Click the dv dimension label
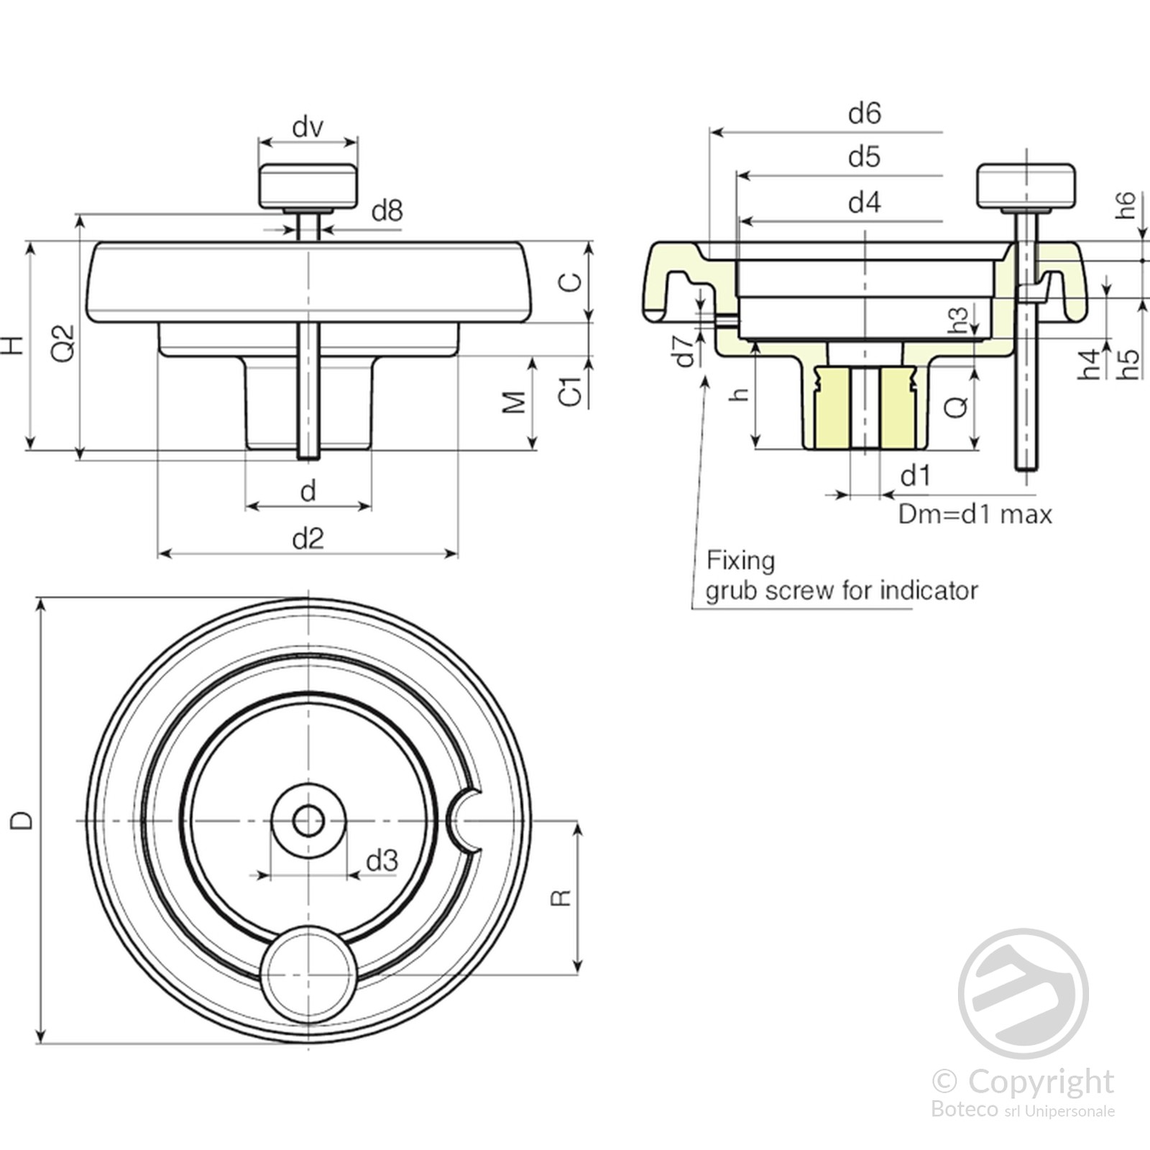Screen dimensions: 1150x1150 click(308, 127)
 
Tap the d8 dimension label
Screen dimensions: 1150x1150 click(387, 211)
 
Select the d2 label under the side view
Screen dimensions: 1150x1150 click(308, 538)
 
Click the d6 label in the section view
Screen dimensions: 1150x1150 click(864, 114)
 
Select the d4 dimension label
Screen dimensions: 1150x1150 click(864, 203)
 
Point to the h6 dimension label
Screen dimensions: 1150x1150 click(1126, 205)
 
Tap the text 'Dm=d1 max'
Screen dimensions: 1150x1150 click(975, 515)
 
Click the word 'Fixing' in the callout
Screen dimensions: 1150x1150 click(740, 560)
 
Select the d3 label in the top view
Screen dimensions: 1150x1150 click(382, 860)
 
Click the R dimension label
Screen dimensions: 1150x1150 click(561, 898)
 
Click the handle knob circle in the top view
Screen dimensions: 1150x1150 click(308, 974)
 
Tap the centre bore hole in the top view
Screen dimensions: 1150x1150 click(308, 821)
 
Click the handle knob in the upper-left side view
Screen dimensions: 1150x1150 click(308, 185)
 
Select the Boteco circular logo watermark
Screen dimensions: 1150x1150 click(1023, 993)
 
